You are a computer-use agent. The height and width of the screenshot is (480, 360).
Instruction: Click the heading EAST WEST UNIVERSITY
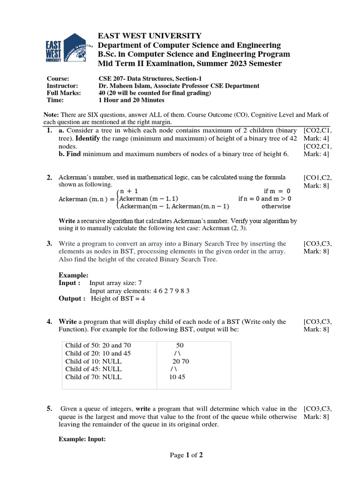[x=150, y=36]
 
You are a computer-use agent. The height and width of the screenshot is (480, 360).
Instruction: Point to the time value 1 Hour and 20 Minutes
[x=131, y=100]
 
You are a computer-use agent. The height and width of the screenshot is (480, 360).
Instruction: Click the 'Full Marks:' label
[x=64, y=93]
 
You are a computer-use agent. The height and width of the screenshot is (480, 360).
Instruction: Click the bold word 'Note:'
[x=51, y=115]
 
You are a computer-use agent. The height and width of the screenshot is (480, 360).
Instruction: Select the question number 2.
[x=49, y=177]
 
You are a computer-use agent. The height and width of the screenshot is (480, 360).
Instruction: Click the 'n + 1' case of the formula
[x=129, y=191]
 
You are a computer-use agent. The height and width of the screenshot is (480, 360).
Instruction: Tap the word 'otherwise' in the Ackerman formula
[x=276, y=206]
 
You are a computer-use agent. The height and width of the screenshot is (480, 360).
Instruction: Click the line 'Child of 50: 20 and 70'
[x=98, y=345]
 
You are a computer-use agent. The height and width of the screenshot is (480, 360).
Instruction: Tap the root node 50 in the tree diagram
[x=180, y=345]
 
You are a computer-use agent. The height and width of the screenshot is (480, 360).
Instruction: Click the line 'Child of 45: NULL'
[x=93, y=369]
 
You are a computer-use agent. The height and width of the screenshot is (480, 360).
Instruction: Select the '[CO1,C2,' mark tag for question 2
[x=318, y=177]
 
